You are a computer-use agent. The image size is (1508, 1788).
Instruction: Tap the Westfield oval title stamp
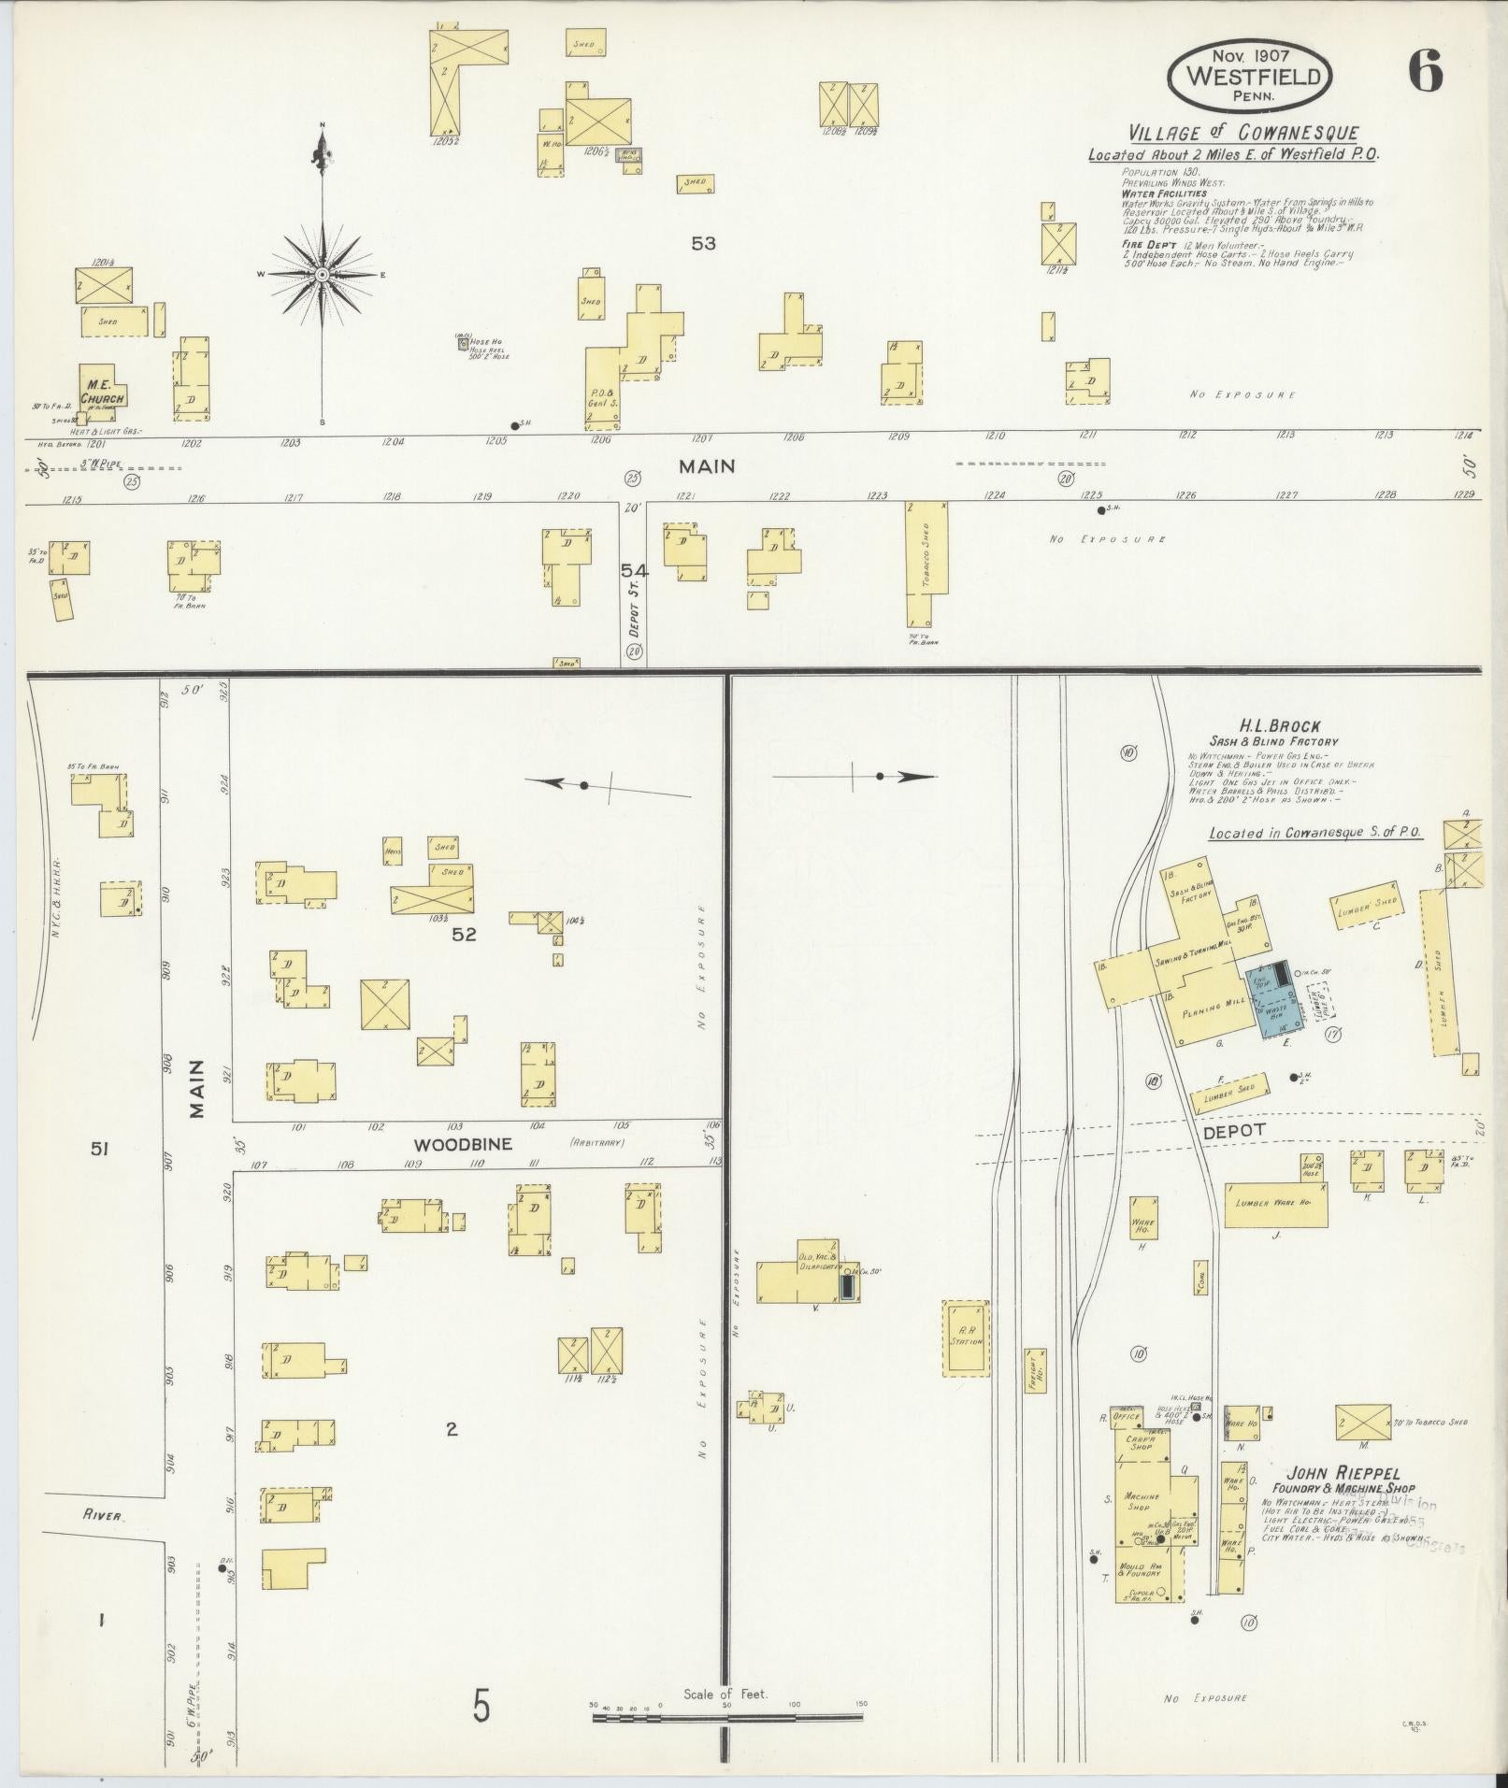click(x=1250, y=77)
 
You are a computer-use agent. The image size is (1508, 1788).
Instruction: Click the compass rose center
click(x=322, y=274)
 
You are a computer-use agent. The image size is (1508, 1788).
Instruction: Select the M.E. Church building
click(x=100, y=388)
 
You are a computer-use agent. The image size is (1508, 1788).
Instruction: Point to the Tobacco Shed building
click(x=926, y=564)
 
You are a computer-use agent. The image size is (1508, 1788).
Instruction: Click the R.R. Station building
click(x=966, y=1337)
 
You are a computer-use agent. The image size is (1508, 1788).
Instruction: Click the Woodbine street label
click(x=452, y=1144)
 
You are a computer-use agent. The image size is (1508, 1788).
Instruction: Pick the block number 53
click(x=703, y=243)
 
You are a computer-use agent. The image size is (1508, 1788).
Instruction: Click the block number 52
click(x=464, y=934)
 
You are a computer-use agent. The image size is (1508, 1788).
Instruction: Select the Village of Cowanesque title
click(x=1242, y=133)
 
